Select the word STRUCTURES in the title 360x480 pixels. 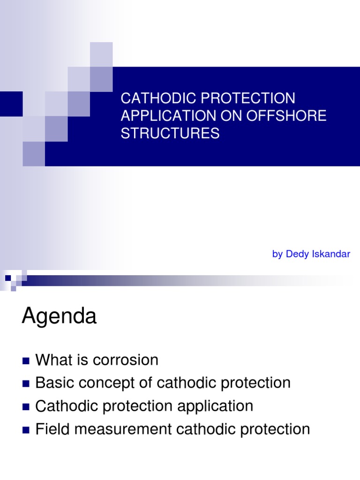tap(170, 134)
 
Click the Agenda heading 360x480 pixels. tap(59, 317)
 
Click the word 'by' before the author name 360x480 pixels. tap(277, 254)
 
